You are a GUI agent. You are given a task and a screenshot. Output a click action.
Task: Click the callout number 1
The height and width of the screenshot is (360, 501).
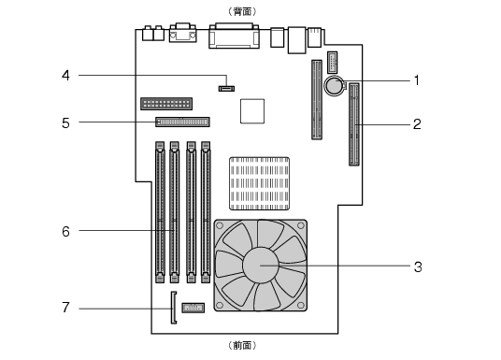coord(417,80)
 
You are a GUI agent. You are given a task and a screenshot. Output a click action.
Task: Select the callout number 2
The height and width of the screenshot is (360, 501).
coord(417,124)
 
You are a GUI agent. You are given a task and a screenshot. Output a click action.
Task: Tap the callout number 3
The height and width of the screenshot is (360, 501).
coord(418,266)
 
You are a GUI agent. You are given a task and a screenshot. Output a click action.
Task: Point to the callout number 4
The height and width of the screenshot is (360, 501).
coord(65,76)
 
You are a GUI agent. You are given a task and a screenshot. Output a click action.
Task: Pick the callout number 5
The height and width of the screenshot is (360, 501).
coord(65,123)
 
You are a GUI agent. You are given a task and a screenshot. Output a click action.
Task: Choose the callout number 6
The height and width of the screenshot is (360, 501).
coord(65,232)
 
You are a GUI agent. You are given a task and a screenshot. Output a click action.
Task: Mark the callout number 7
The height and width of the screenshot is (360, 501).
coord(65,308)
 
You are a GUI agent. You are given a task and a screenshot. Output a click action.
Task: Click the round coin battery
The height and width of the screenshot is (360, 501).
coord(335,85)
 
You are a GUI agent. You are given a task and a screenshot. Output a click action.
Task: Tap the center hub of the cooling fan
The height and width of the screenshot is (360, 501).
coord(261,265)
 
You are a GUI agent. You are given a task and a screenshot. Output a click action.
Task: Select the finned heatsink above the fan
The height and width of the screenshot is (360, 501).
coord(260,183)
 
